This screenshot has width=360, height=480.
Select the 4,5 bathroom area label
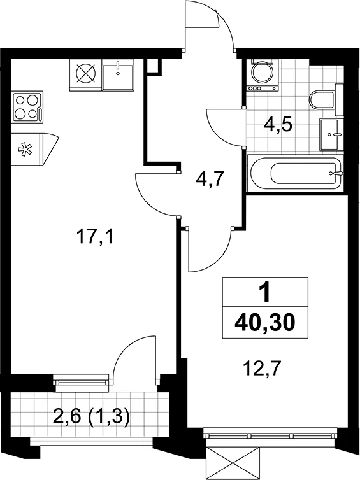[278, 125]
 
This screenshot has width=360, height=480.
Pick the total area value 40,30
[264, 323]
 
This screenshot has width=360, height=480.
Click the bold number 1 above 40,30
[265, 292]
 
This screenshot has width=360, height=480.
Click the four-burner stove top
[27, 107]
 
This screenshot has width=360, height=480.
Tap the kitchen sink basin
[118, 74]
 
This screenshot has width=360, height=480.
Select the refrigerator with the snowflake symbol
[34, 150]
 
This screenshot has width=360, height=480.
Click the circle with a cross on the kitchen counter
[86, 74]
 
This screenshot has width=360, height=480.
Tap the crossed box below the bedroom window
[233, 463]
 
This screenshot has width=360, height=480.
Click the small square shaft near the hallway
[154, 66]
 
